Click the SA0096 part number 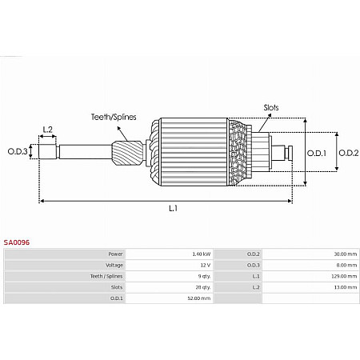[x=16, y=240]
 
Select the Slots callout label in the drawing [x=271, y=106]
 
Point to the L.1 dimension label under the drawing [x=172, y=208]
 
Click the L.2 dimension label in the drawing [x=47, y=129]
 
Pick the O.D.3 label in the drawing [x=18, y=151]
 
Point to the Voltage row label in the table [x=114, y=265]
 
